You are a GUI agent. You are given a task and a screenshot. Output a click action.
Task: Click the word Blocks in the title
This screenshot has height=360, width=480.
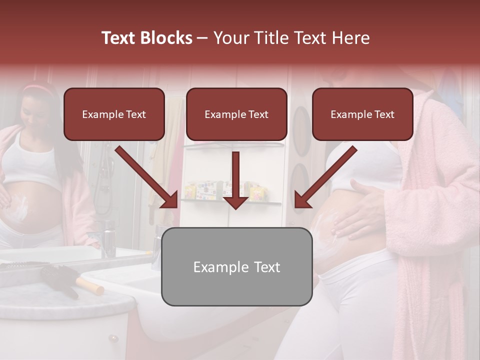(x=167, y=38)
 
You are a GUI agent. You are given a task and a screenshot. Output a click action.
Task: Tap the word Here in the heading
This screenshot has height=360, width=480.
(x=349, y=38)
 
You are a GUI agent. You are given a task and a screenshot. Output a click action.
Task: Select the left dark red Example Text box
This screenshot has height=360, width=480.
(x=114, y=114)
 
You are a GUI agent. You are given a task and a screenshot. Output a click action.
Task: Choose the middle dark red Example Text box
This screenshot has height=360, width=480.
(x=236, y=114)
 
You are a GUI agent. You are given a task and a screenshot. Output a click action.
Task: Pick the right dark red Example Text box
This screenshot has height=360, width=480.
(x=362, y=114)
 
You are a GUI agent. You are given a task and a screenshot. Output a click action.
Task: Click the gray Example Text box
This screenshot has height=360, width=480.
(x=236, y=266)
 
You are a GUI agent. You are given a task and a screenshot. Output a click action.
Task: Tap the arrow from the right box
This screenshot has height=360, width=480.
(x=325, y=177)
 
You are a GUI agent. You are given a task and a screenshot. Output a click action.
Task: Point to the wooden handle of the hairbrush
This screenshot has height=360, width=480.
(x=90, y=286)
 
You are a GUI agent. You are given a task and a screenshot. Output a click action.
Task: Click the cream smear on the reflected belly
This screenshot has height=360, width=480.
(x=21, y=207)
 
